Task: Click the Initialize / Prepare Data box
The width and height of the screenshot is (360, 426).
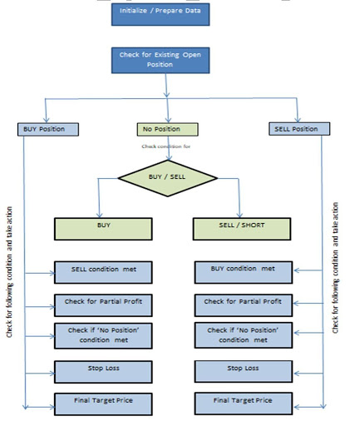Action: tap(160, 14)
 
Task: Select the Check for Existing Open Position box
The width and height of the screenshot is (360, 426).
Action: tap(160, 60)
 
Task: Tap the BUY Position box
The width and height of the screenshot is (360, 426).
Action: tap(48, 129)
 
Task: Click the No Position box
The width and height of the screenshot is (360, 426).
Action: tap(167, 129)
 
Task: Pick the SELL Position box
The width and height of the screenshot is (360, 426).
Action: tap(299, 129)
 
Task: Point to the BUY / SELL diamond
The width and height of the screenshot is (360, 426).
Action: tap(167, 178)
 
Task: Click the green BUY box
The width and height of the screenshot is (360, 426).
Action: tap(103, 229)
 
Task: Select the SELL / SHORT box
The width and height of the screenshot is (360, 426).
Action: tap(242, 229)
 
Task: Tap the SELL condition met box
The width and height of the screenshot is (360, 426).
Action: tap(103, 272)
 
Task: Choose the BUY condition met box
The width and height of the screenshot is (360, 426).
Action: tap(244, 272)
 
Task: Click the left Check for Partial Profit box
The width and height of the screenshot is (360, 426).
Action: tap(103, 305)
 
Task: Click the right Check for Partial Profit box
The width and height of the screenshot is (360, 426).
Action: tap(244, 305)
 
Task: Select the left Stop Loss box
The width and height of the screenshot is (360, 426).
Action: tap(103, 372)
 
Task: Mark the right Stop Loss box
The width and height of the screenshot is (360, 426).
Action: tap(244, 371)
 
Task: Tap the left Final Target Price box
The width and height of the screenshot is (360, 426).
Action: tap(103, 404)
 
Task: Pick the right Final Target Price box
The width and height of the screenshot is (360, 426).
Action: tap(244, 404)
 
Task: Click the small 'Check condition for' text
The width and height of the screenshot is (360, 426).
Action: tap(166, 146)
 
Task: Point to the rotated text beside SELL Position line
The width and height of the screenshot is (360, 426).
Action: tap(335, 268)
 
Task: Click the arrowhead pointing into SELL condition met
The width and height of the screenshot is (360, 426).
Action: tap(52, 273)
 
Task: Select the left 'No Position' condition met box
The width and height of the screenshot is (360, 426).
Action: tap(103, 336)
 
